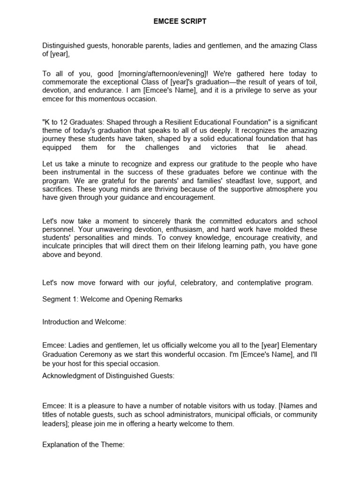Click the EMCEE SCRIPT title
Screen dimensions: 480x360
click(180, 22)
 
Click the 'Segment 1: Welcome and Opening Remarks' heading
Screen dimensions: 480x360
click(112, 299)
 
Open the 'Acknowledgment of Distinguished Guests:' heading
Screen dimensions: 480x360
click(108, 375)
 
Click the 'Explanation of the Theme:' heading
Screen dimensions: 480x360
click(83, 445)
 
